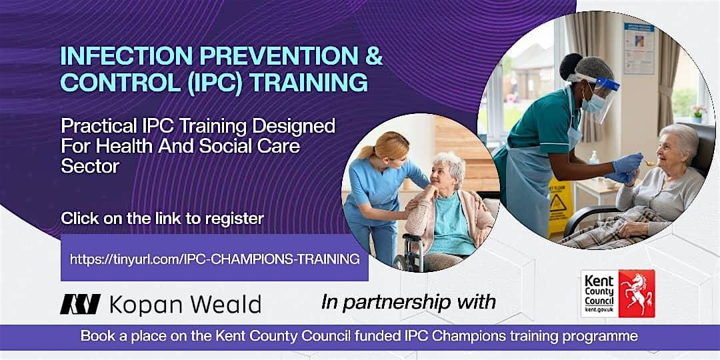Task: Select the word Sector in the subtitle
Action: (90, 166)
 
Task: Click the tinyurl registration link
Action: (215, 259)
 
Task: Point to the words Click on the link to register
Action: (162, 218)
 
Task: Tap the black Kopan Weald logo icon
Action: (81, 305)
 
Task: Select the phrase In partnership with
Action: (409, 302)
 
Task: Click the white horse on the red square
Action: (636, 293)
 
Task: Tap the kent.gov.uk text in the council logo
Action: (597, 311)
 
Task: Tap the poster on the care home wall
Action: (639, 48)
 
